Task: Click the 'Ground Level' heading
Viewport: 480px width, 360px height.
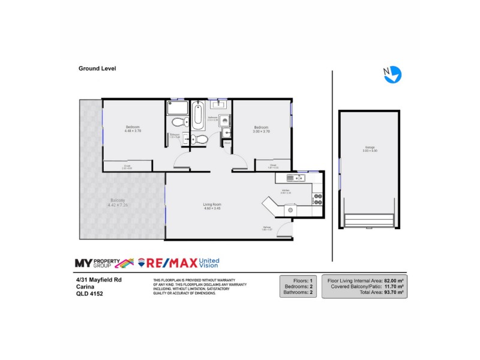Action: point(97,68)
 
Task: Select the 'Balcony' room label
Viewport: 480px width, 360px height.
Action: point(118,200)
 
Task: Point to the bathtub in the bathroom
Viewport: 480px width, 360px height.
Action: point(197,115)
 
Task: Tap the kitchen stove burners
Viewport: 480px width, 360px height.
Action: point(318,199)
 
